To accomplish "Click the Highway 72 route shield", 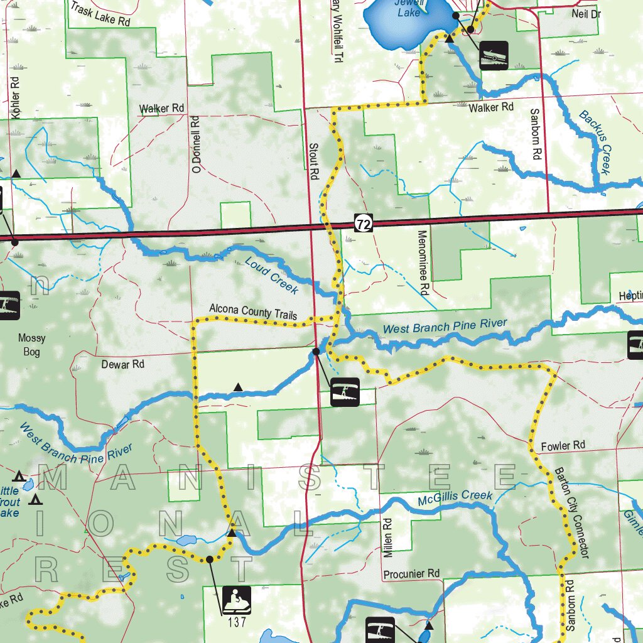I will pyautogui.click(x=363, y=223).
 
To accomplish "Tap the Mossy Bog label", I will pyautogui.click(x=31, y=345).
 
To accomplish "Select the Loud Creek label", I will pyautogui.click(x=272, y=276).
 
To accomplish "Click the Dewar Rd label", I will pyautogui.click(x=122, y=364).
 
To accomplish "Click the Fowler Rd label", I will pyautogui.click(x=563, y=446).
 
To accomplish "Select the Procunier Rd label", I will pyautogui.click(x=411, y=574).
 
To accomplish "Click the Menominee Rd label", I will pyautogui.click(x=423, y=262).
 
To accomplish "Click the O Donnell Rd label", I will pyautogui.click(x=196, y=144).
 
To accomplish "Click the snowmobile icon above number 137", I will pyautogui.click(x=237, y=600).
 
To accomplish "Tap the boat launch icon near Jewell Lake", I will pyautogui.click(x=494, y=55).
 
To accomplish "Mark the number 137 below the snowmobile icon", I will pyautogui.click(x=237, y=623).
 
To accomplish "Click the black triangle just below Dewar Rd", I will pyautogui.click(x=238, y=387).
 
